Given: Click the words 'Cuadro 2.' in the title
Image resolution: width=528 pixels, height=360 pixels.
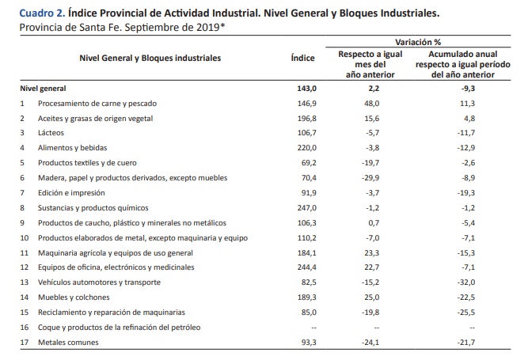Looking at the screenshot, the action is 42,13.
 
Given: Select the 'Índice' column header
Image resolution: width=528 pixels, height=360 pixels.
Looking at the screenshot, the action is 302,58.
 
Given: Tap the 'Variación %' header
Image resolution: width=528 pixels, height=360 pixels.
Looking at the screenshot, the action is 418,42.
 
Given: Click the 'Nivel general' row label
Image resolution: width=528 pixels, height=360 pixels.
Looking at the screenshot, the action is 43,89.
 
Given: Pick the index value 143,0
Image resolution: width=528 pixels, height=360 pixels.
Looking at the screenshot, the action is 307,89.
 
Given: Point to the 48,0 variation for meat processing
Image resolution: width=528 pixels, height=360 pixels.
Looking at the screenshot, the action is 372,104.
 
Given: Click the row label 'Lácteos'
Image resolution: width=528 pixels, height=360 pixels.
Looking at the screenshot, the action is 51,133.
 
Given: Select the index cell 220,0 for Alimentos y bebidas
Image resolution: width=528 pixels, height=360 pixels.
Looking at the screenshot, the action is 307,148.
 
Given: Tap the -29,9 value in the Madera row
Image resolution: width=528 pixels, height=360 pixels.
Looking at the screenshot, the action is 370,178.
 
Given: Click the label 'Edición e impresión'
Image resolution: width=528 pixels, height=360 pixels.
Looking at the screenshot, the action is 71,193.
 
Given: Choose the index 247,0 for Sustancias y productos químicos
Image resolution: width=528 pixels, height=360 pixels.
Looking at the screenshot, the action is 307,208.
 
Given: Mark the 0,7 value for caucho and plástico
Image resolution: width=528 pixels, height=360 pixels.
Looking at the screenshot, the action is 374,223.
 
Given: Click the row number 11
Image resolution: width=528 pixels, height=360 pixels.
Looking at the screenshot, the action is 25,252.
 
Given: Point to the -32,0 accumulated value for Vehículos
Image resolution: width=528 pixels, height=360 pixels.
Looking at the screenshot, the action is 466,282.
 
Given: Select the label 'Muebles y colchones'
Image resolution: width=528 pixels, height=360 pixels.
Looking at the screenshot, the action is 74,297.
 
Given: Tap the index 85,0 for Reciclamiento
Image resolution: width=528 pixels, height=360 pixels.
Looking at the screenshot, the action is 310,313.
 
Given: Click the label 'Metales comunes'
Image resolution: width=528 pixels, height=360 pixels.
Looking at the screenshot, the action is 68,343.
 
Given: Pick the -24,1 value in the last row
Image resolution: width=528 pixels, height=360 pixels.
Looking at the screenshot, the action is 370,343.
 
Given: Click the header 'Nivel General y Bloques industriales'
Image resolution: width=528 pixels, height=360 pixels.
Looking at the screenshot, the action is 150,59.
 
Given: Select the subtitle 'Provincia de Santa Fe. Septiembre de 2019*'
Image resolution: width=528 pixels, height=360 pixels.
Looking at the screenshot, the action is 122,27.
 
